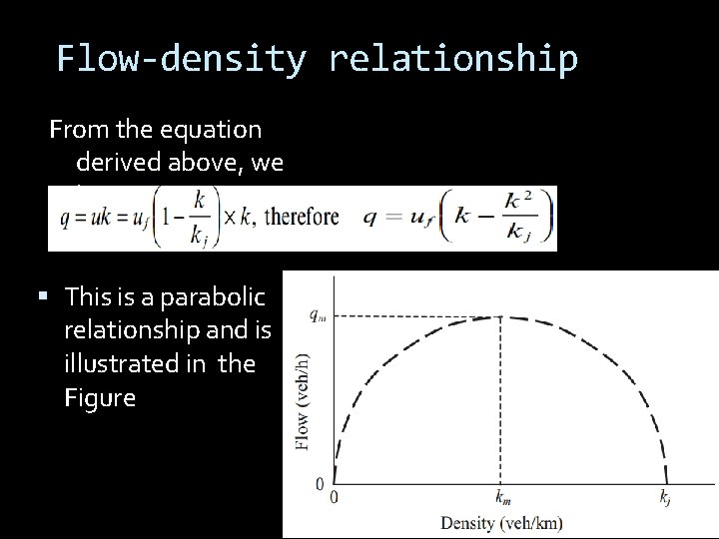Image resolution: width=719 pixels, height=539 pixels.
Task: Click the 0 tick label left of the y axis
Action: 319,483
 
